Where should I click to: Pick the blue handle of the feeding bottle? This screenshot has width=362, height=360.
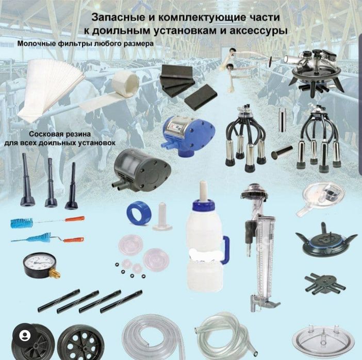click(225, 251)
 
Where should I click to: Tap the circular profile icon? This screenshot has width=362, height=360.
click(25, 335)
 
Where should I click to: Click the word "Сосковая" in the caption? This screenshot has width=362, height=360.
click(45, 133)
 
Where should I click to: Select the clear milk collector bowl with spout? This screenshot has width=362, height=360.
click(324, 195)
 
